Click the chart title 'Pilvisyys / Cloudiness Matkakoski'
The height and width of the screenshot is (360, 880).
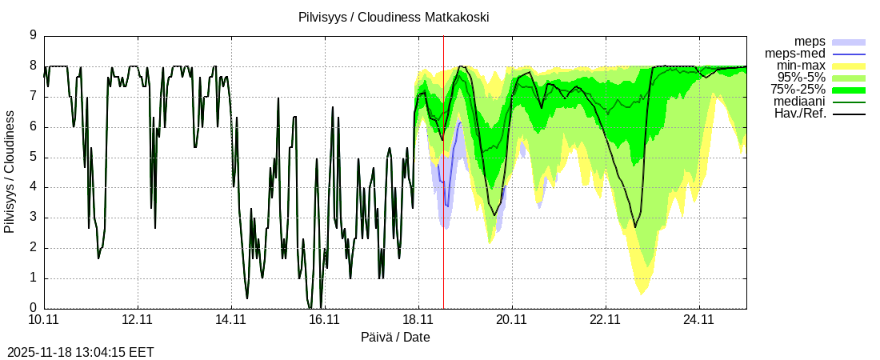tap(393, 17)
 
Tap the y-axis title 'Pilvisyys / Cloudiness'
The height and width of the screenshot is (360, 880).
tap(10, 172)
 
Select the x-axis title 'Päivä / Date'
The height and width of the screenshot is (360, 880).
tap(395, 338)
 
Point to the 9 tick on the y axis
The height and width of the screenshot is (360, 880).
tap(33, 35)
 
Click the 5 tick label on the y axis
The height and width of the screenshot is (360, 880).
tap(33, 157)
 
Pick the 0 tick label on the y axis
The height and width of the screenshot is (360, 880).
tap(33, 308)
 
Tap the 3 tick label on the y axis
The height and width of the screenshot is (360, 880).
tap(33, 218)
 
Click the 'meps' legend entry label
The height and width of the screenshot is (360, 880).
tap(810, 41)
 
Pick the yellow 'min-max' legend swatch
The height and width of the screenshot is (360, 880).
tap(849, 66)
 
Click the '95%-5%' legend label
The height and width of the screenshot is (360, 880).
tap(802, 78)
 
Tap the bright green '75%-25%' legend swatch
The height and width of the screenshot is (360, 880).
tap(849, 90)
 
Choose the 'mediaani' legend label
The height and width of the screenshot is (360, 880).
tap(799, 102)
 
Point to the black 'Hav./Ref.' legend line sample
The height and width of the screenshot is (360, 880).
tap(849, 114)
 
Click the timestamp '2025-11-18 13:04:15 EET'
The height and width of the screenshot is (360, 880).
tap(80, 352)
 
